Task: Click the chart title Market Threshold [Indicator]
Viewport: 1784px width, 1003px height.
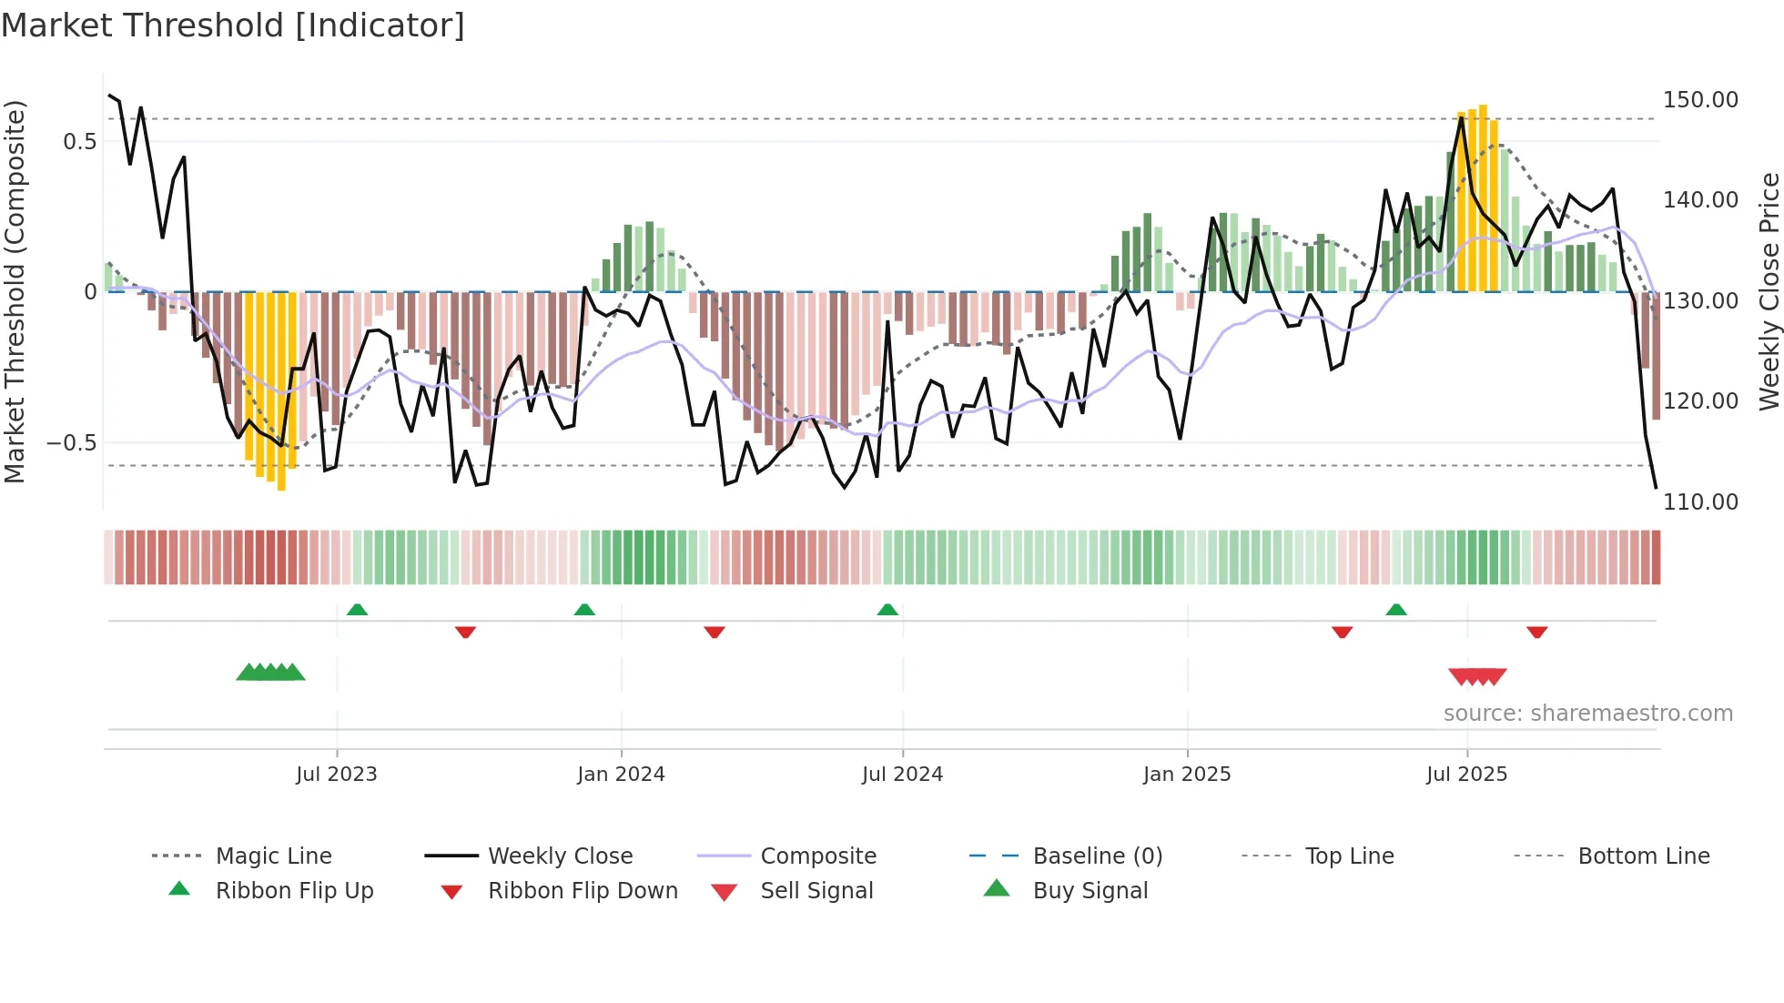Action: (233, 25)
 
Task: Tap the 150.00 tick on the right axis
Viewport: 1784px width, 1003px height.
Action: (1699, 99)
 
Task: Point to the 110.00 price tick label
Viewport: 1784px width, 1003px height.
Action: (1699, 501)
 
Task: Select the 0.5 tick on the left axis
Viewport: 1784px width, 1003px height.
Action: (80, 141)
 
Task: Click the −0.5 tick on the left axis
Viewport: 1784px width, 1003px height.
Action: (72, 443)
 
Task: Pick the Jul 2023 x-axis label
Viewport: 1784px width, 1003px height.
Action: (336, 775)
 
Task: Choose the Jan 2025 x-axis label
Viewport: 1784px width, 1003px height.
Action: (1187, 775)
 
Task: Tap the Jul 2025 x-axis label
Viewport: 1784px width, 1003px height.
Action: (1466, 775)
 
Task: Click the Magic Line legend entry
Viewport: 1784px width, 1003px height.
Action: (273, 856)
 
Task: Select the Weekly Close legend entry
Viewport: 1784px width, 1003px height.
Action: (560, 856)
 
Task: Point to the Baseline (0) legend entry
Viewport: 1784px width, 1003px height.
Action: (1097, 856)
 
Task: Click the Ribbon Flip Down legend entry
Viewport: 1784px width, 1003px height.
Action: (583, 891)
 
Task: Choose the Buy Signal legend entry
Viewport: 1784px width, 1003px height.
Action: (1090, 891)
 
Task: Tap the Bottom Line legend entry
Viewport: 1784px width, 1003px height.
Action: (1643, 856)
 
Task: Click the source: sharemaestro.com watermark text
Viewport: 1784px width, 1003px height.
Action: (1587, 714)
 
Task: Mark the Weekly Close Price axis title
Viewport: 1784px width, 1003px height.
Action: (1769, 291)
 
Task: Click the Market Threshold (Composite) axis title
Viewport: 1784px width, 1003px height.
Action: (15, 291)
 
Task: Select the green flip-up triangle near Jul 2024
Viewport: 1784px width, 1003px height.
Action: (887, 610)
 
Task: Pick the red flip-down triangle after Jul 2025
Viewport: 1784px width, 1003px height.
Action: (1537, 632)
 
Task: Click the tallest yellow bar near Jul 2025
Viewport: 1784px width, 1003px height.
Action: (1483, 198)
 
